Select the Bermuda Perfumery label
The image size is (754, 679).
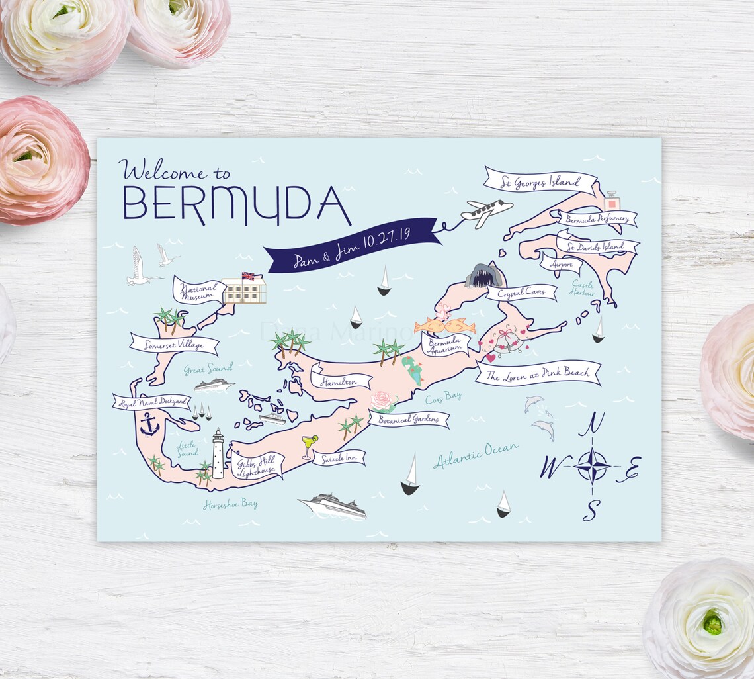(597, 218)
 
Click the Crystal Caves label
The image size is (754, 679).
(522, 292)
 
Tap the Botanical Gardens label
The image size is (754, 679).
(409, 419)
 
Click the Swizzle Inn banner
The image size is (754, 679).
(339, 457)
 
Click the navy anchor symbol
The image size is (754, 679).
(150, 425)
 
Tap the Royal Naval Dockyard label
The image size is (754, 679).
(151, 402)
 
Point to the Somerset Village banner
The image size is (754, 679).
(174, 344)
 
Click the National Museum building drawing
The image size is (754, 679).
(244, 289)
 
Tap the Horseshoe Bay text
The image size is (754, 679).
(230, 504)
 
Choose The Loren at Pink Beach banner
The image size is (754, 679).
(538, 373)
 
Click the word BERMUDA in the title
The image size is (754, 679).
(236, 205)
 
